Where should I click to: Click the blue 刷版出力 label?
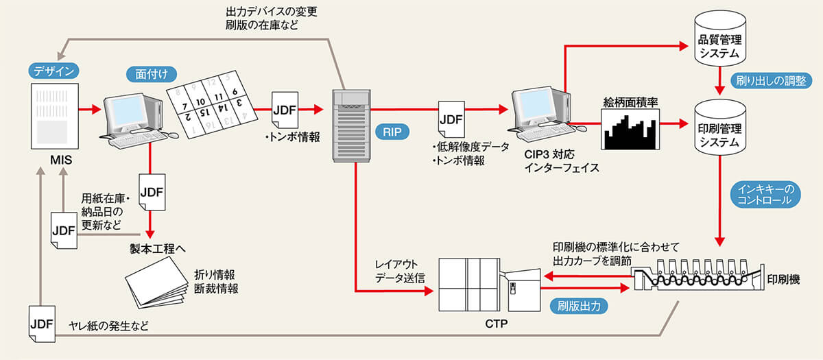pyautogui.click(x=579, y=307)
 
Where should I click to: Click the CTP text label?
pyautogui.click(x=494, y=322)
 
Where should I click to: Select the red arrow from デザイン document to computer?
pyautogui.click(x=88, y=109)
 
